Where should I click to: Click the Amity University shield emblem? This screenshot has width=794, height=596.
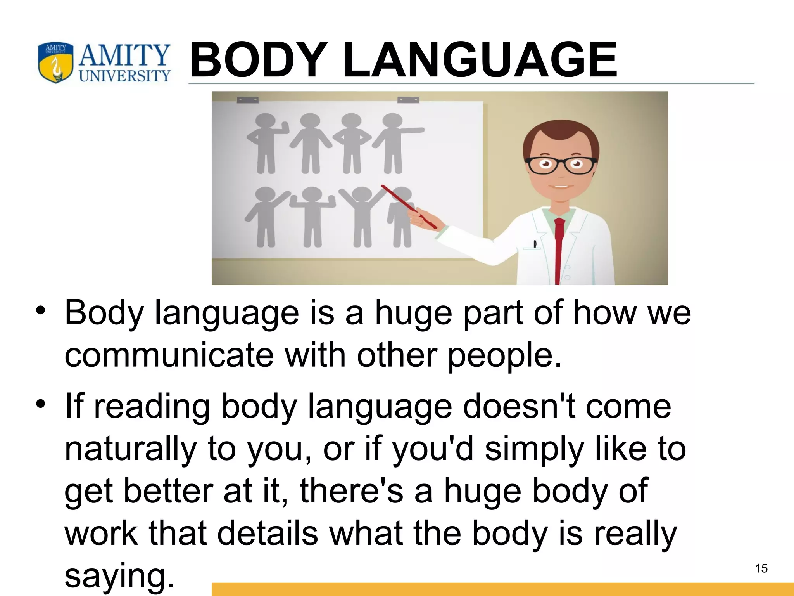coord(55,63)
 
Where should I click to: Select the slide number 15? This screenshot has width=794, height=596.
coord(761,568)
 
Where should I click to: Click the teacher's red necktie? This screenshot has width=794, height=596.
coord(558,248)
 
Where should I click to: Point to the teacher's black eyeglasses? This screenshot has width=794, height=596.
coord(561,165)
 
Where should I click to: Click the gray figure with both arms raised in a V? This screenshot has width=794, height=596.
coord(362,216)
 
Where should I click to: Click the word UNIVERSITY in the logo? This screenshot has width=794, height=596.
coord(124,75)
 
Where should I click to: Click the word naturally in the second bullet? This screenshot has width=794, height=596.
coord(130,449)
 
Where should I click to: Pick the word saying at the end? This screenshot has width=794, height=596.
coord(119,575)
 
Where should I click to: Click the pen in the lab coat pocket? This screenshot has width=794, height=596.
coord(535,244)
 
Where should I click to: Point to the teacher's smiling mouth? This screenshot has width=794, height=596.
coord(561,187)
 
